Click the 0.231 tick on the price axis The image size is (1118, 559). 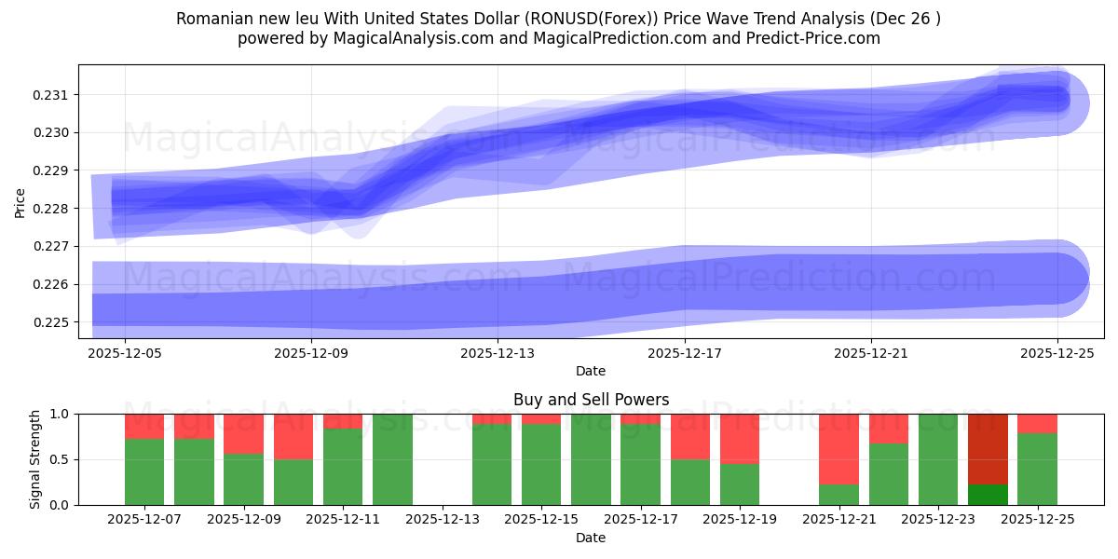(55, 95)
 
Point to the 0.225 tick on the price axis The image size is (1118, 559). (55, 322)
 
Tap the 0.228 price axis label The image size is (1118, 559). (55, 209)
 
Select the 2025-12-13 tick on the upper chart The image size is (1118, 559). (498, 353)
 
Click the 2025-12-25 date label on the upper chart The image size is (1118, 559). (1057, 353)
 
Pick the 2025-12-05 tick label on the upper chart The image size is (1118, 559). (124, 353)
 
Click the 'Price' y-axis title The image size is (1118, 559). (20, 201)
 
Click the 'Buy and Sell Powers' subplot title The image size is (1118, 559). (591, 400)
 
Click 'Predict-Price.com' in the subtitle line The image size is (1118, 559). (815, 38)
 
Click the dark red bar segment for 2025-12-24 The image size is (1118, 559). (988, 448)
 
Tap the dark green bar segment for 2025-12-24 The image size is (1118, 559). (988, 495)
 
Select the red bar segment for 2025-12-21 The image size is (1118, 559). (838, 448)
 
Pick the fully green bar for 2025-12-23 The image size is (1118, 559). (938, 459)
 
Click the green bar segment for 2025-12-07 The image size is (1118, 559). (144, 472)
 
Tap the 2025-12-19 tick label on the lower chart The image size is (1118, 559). (740, 518)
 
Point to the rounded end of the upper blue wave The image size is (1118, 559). (1071, 101)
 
